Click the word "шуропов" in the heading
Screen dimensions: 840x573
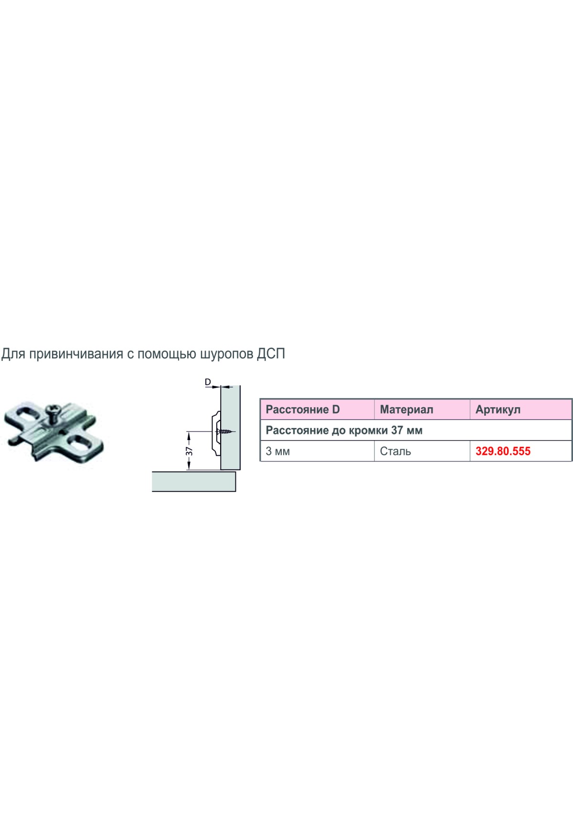pos(226,354)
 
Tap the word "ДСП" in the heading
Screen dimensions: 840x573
pos(271,354)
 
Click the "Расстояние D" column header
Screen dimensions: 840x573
pos(303,409)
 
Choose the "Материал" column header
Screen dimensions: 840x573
pos(406,409)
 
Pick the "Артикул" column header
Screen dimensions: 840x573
pos(498,409)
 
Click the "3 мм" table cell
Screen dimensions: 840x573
pos(277,451)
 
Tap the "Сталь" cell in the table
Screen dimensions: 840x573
pos(395,451)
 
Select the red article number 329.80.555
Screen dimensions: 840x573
pos(503,451)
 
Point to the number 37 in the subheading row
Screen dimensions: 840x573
pos(397,430)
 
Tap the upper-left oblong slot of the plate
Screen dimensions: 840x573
pos(24,413)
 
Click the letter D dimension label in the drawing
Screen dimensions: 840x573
pos(208,382)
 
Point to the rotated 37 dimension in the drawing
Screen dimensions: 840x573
pos(189,451)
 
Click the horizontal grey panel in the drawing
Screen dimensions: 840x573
pos(194,481)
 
